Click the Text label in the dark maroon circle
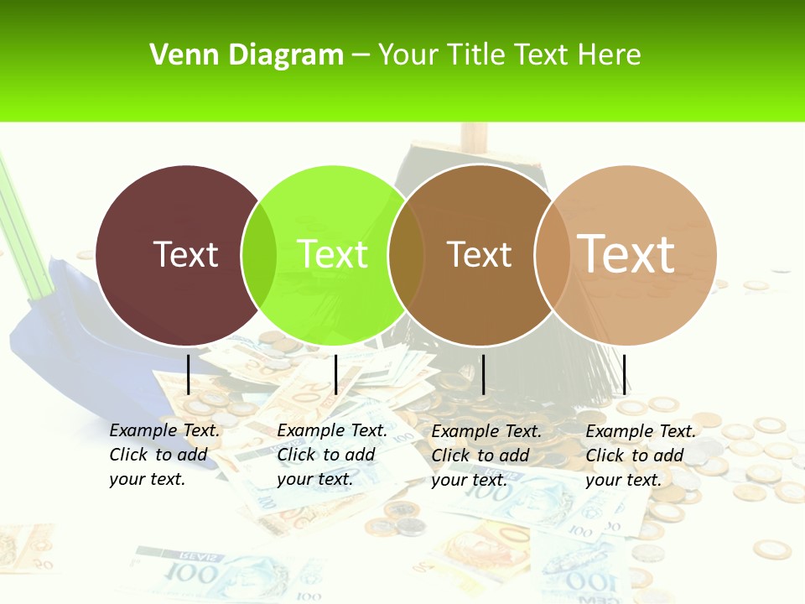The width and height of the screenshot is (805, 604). (185, 254)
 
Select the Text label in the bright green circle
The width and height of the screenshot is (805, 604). (332, 254)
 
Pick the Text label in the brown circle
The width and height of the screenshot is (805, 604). (479, 254)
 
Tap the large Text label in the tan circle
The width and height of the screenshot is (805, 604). (626, 253)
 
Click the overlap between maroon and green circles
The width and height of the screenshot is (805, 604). (259, 255)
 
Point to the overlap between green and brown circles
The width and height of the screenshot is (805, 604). (406, 255)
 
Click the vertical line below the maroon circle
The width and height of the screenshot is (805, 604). (189, 374)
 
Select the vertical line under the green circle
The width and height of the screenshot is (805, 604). (335, 374)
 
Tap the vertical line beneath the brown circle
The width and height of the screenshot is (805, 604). (483, 374)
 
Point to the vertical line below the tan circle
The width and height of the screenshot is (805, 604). (625, 374)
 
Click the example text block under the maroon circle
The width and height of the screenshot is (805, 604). (164, 455)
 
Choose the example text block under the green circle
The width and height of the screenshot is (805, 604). (332, 455)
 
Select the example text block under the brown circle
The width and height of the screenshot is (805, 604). (486, 455)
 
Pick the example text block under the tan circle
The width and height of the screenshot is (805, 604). (641, 455)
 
